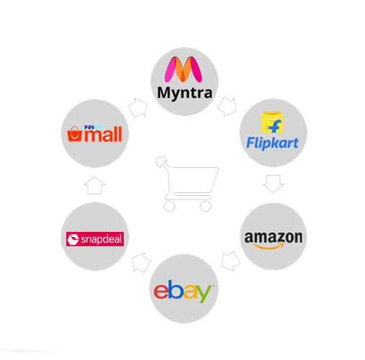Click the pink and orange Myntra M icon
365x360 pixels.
[x=184, y=69]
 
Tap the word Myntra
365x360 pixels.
[x=184, y=93]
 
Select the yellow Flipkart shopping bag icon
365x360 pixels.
[x=272, y=122]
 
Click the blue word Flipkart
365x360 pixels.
[x=272, y=143]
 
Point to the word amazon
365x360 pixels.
[x=274, y=237]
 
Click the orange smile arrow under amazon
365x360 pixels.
[x=269, y=246]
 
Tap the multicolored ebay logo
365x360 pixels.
[x=183, y=291]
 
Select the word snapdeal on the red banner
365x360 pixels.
[x=102, y=239]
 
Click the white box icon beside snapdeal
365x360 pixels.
[x=73, y=239]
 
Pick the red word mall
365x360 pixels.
[x=103, y=135]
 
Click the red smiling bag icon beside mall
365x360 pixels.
[x=74, y=134]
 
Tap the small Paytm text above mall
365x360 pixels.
[x=93, y=127]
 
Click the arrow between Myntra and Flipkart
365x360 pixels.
[x=227, y=107]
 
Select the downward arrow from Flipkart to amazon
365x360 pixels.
[x=273, y=184]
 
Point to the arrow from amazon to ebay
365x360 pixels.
[x=230, y=261]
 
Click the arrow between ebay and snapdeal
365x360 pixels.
[x=141, y=263]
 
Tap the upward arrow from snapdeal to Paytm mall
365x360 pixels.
[x=94, y=186]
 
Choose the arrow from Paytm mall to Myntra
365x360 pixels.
[x=138, y=107]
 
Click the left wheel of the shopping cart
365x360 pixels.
[x=169, y=206]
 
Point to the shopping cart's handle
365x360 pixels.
[x=161, y=161]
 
